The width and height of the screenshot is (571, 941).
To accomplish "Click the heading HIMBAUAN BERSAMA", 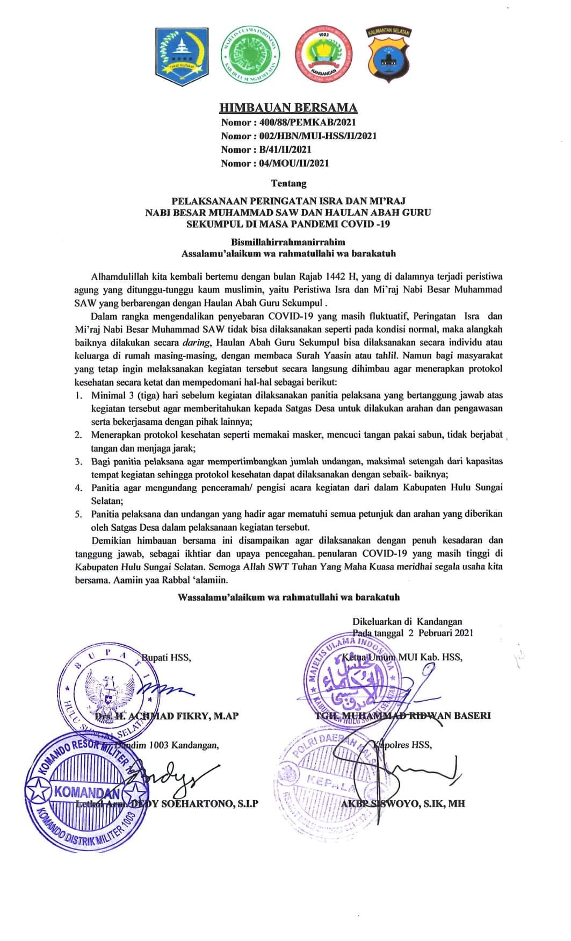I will pyautogui.click(x=288, y=109).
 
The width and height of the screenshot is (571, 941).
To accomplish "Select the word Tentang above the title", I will pyautogui.click(x=288, y=183).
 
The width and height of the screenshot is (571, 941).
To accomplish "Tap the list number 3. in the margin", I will pyautogui.click(x=78, y=461).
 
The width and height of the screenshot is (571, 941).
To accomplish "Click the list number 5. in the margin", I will pyautogui.click(x=78, y=514).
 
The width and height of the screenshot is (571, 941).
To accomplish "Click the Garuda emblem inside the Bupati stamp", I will pyautogui.click(x=110, y=690).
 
